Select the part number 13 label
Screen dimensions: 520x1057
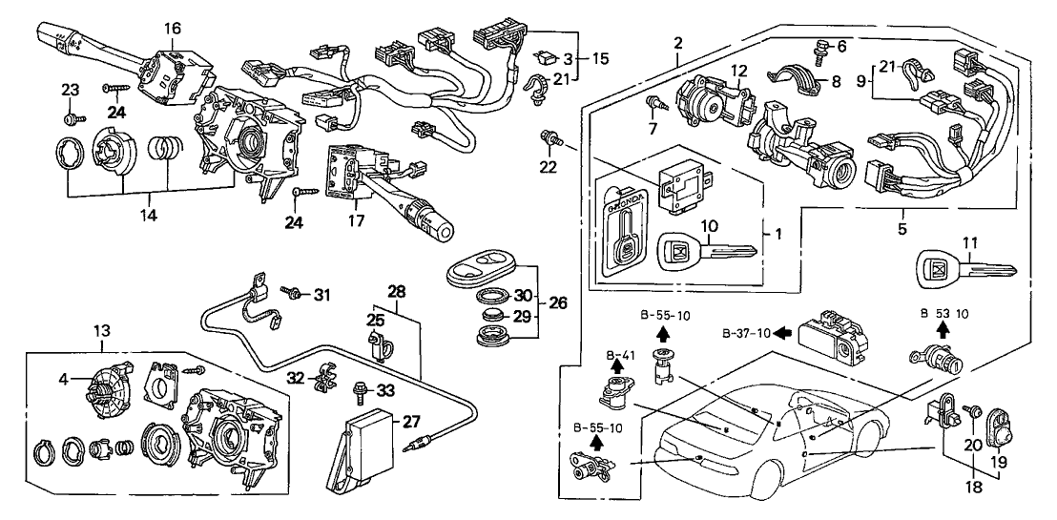click(102, 330)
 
